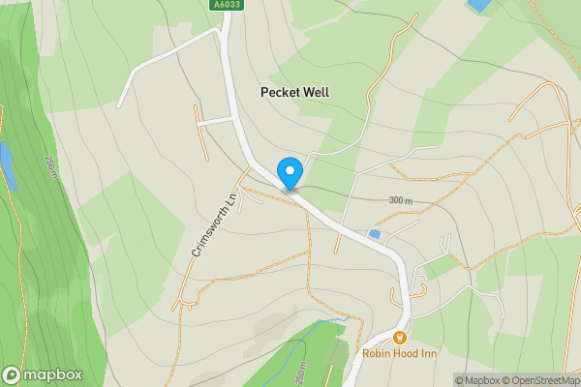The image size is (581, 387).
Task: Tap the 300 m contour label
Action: (x=400, y=200)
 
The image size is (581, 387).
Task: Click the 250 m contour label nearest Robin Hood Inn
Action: (x=301, y=372)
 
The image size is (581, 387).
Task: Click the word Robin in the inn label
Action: (x=379, y=354)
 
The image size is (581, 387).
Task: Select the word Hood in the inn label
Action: (x=414, y=354)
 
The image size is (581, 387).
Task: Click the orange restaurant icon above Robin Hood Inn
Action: (x=399, y=338)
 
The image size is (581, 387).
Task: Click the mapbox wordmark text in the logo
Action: (x=53, y=374)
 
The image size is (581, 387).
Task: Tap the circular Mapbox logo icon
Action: (x=13, y=374)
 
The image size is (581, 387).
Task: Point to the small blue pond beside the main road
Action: (x=375, y=234)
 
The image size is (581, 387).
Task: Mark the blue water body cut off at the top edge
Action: (x=478, y=5)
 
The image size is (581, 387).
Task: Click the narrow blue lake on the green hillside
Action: (x=7, y=164)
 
